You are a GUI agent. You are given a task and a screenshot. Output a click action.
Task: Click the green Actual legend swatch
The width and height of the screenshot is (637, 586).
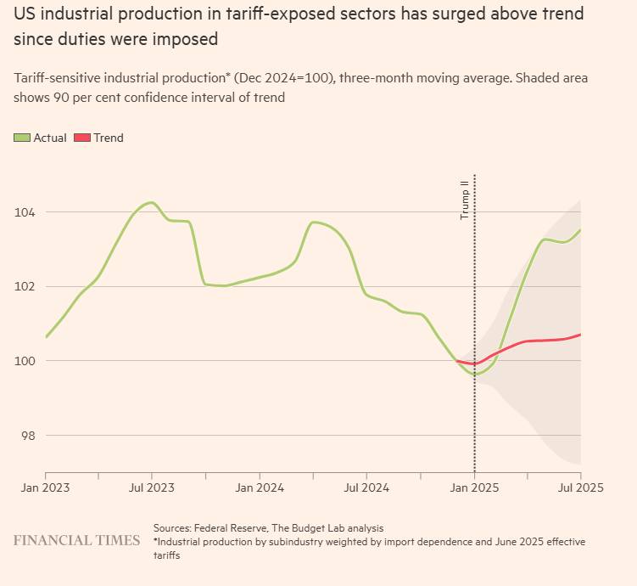(x=23, y=138)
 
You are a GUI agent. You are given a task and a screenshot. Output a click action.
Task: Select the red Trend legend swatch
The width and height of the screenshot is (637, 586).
(x=83, y=138)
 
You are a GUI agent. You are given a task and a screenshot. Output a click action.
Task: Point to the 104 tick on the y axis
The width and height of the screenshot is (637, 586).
(x=26, y=211)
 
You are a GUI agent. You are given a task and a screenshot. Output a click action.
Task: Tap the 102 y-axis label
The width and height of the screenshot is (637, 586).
(x=26, y=286)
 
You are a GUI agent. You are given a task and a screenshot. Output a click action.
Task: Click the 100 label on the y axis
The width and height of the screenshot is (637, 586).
(x=26, y=361)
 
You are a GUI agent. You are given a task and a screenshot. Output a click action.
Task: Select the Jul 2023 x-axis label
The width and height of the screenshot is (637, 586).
(x=152, y=489)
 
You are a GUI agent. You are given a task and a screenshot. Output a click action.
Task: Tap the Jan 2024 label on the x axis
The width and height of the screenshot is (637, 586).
(x=260, y=489)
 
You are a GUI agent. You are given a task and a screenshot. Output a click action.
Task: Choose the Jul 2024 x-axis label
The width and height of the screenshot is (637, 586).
(x=366, y=489)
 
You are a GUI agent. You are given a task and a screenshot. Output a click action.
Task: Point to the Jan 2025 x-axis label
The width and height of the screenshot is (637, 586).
(x=473, y=489)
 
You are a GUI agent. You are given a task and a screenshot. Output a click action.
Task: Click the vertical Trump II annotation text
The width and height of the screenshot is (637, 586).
(x=464, y=200)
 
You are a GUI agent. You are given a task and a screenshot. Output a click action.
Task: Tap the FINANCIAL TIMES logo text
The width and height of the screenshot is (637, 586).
(x=76, y=540)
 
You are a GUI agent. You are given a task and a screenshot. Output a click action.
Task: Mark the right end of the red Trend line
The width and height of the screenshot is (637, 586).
(x=580, y=335)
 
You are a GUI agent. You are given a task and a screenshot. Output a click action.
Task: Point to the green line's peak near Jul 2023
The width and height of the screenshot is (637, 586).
(x=151, y=202)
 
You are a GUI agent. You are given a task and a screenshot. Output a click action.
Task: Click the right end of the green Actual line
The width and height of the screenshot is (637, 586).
(x=580, y=230)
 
